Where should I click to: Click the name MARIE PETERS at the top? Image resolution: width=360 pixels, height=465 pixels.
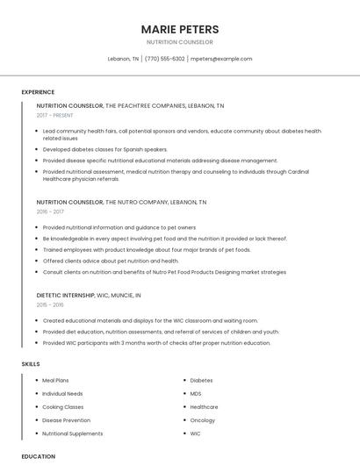pyautogui.click(x=179, y=29)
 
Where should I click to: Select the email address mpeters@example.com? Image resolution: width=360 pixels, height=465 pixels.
pyautogui.click(x=221, y=59)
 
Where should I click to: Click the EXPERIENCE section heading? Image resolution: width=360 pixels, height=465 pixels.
pyautogui.click(x=38, y=92)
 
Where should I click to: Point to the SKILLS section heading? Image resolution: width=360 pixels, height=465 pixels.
pyautogui.click(x=30, y=363)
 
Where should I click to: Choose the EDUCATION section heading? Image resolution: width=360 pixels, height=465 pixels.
pyautogui.click(x=38, y=456)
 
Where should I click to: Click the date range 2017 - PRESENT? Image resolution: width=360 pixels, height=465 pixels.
pyautogui.click(x=56, y=116)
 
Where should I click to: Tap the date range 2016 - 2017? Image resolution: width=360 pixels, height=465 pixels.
pyautogui.click(x=50, y=211)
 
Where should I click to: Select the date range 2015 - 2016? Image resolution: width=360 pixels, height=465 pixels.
pyautogui.click(x=50, y=305)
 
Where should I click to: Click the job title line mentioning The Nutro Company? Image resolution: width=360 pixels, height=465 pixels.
pyautogui.click(x=121, y=202)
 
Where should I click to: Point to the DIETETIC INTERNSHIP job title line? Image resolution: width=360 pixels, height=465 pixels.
pyautogui.click(x=89, y=296)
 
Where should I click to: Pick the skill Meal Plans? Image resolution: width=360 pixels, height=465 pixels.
pyautogui.click(x=56, y=381)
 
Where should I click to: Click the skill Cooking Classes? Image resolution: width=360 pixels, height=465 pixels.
pyautogui.click(x=63, y=407)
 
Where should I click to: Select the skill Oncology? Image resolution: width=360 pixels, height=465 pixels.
pyautogui.click(x=203, y=420)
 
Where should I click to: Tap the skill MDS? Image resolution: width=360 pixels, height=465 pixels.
pyautogui.click(x=196, y=394)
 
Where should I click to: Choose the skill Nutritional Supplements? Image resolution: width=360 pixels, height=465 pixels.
pyautogui.click(x=73, y=433)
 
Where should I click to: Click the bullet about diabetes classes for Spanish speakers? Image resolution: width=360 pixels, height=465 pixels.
pyautogui.click(x=104, y=149)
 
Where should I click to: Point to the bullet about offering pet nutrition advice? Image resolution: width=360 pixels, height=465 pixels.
pyautogui.click(x=111, y=261)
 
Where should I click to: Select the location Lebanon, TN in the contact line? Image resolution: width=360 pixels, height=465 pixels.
pyautogui.click(x=123, y=59)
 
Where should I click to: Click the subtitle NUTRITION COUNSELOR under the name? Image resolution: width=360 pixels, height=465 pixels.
pyautogui.click(x=179, y=42)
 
